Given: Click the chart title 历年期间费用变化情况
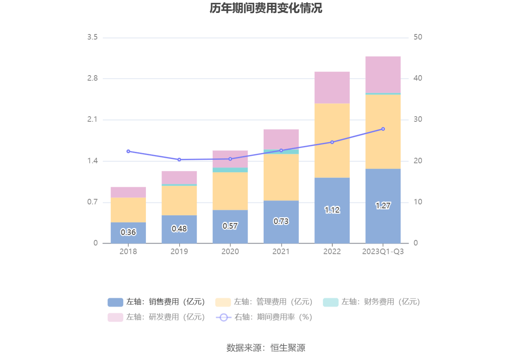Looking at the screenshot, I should (x=266, y=8).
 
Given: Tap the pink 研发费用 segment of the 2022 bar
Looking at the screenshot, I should (x=332, y=87).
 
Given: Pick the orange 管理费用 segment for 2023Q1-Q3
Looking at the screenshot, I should (x=383, y=131).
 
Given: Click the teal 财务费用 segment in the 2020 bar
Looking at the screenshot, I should (x=230, y=170).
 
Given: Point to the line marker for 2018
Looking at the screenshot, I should (x=128, y=151).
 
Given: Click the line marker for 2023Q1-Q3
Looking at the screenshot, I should (x=383, y=129).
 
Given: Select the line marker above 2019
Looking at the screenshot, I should (x=179, y=160).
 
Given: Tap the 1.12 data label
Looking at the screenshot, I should (x=332, y=210).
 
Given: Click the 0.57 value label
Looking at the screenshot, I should (x=230, y=226).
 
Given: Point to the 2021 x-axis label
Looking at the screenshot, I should (x=281, y=252).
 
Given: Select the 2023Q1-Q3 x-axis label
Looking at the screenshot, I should (x=383, y=252).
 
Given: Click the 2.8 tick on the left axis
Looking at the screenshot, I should (x=92, y=78).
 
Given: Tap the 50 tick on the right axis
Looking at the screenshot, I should (x=418, y=37).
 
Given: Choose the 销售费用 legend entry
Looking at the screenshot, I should (x=156, y=302).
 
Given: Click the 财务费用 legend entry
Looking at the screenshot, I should (x=372, y=302).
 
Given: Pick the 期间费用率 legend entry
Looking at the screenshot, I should (x=264, y=317).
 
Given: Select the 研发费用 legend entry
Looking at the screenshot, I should (x=156, y=317).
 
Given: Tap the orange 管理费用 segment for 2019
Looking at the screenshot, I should (x=179, y=200).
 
